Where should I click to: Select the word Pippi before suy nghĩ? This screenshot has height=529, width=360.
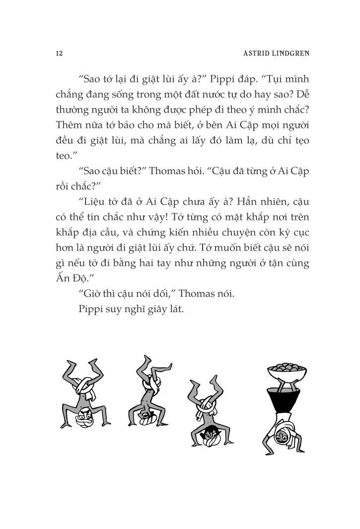[x=90, y=309]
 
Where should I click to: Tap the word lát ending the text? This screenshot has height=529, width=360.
[x=175, y=309]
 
